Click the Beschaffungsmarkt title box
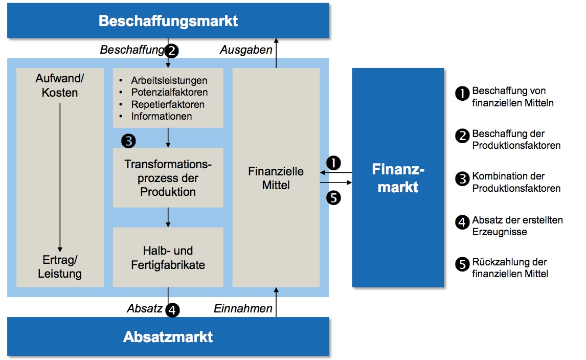(168, 21)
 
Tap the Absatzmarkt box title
(168, 337)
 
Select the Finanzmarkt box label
(398, 178)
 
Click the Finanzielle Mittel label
(276, 178)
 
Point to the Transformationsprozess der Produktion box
(168, 178)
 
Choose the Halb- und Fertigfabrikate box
(168, 258)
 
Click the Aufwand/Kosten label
(60, 85)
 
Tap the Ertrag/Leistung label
(60, 266)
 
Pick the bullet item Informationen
(162, 116)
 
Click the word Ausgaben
(246, 50)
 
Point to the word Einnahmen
(243, 308)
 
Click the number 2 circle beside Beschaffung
(172, 50)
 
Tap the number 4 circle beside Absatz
(173, 309)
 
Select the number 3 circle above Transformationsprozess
(128, 141)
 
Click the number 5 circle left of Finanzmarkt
(333, 197)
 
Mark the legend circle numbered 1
(462, 93)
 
